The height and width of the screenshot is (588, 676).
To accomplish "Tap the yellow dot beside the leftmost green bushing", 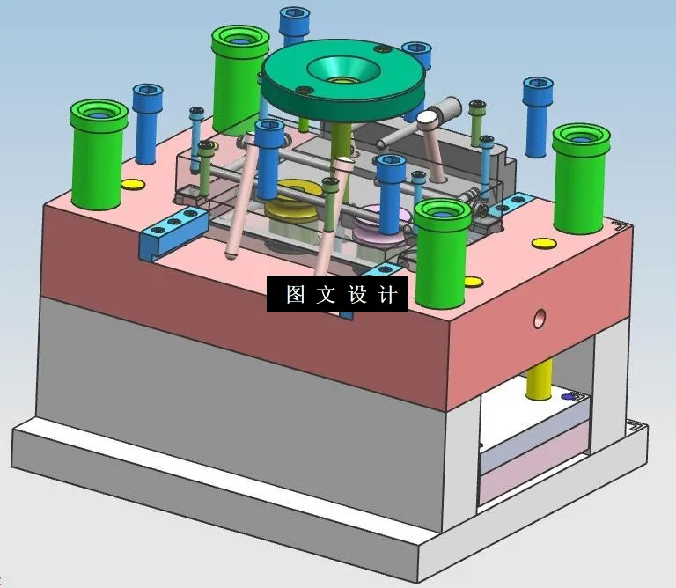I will (132, 184).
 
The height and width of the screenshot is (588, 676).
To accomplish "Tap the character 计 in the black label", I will (387, 294).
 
